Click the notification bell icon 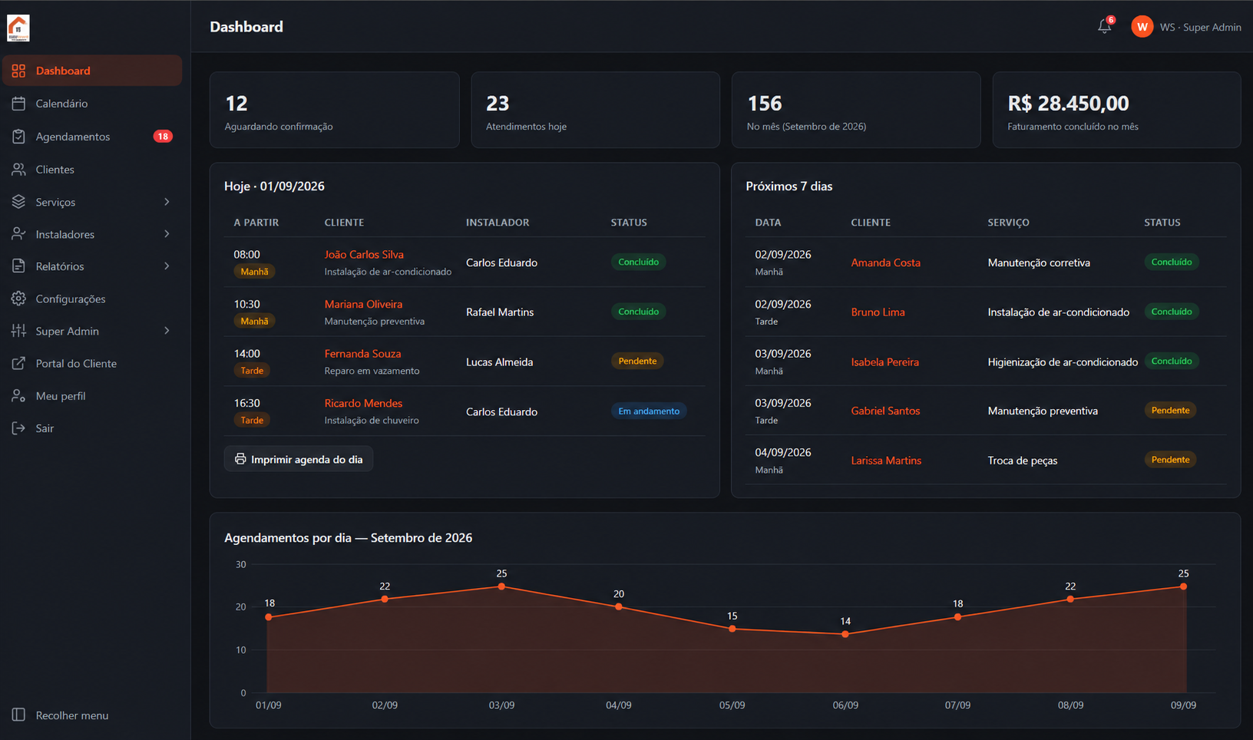[1104, 26]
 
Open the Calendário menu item [61, 104]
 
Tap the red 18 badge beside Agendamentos [163, 137]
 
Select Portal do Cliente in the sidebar [76, 364]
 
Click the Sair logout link [45, 428]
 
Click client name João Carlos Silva [364, 255]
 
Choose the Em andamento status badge [648, 411]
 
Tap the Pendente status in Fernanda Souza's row [637, 362]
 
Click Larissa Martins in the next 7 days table [886, 461]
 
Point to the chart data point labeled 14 [845, 634]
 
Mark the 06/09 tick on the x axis [845, 705]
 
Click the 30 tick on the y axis [240, 564]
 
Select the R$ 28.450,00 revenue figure [1068, 104]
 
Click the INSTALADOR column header [498, 223]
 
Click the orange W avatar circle [1142, 27]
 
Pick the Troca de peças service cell [1022, 461]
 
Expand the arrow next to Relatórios [167, 266]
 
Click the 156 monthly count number [764, 104]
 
